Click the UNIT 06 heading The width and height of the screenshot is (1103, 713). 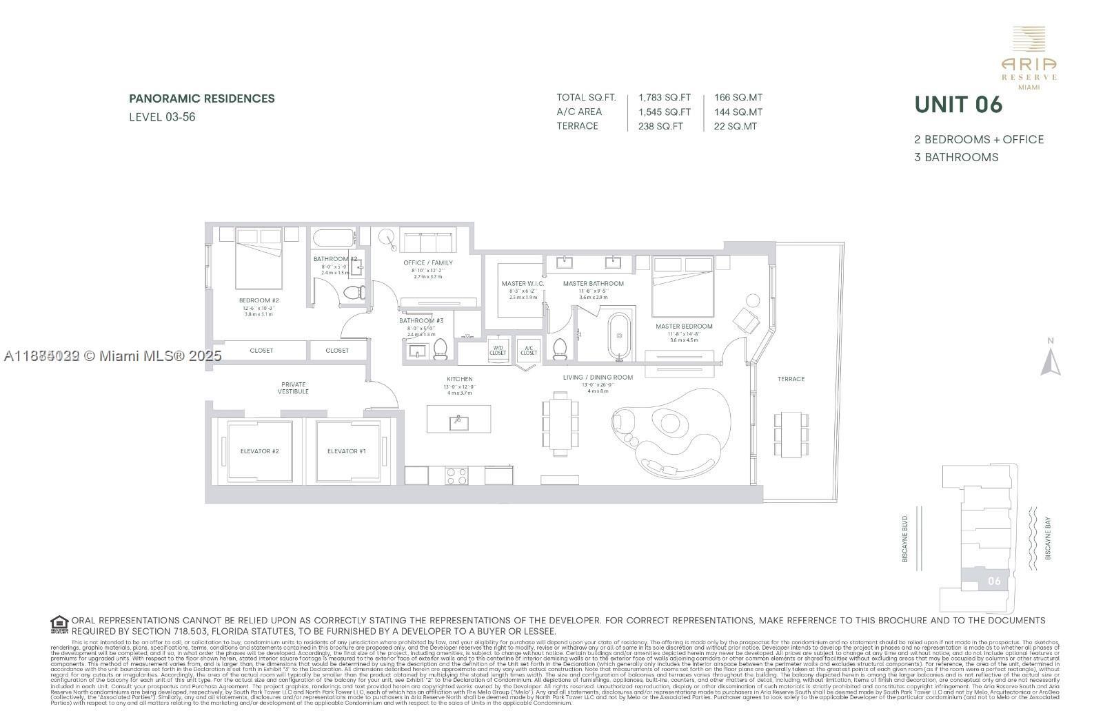(x=958, y=105)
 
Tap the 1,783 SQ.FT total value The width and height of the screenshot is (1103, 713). (x=664, y=98)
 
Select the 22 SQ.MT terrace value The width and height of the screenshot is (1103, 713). (x=736, y=126)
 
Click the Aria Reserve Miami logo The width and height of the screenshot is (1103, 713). (x=1029, y=58)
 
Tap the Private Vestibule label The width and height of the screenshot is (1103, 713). (x=294, y=388)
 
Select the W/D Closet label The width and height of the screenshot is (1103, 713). (x=498, y=350)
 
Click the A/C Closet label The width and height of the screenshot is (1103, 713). (x=529, y=350)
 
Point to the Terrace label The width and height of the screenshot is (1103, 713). (x=791, y=379)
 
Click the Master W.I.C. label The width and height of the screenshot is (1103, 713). (x=523, y=284)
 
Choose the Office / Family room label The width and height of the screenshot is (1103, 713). (x=428, y=262)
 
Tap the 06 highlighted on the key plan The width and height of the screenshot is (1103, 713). (x=993, y=581)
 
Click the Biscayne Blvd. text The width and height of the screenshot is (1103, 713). (x=905, y=537)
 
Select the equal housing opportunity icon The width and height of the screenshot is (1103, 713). (x=59, y=624)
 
